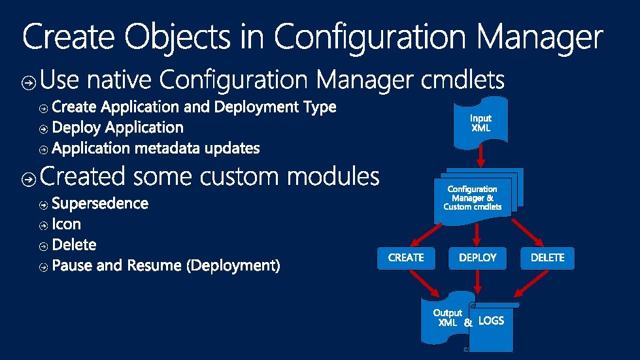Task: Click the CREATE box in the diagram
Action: [x=406, y=258]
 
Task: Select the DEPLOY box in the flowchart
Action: [x=478, y=258]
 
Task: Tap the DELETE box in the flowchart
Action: [x=547, y=258]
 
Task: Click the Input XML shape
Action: [x=480, y=123]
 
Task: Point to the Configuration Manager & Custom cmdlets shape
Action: [x=473, y=198]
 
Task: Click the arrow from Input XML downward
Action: [x=480, y=157]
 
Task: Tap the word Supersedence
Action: [x=100, y=204]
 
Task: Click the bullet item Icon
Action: [x=66, y=225]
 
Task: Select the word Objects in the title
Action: [x=177, y=37]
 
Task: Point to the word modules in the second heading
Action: [x=333, y=176]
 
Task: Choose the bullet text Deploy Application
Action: [x=118, y=127]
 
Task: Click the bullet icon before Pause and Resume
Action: [x=43, y=267]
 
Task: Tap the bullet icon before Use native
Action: [x=29, y=82]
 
